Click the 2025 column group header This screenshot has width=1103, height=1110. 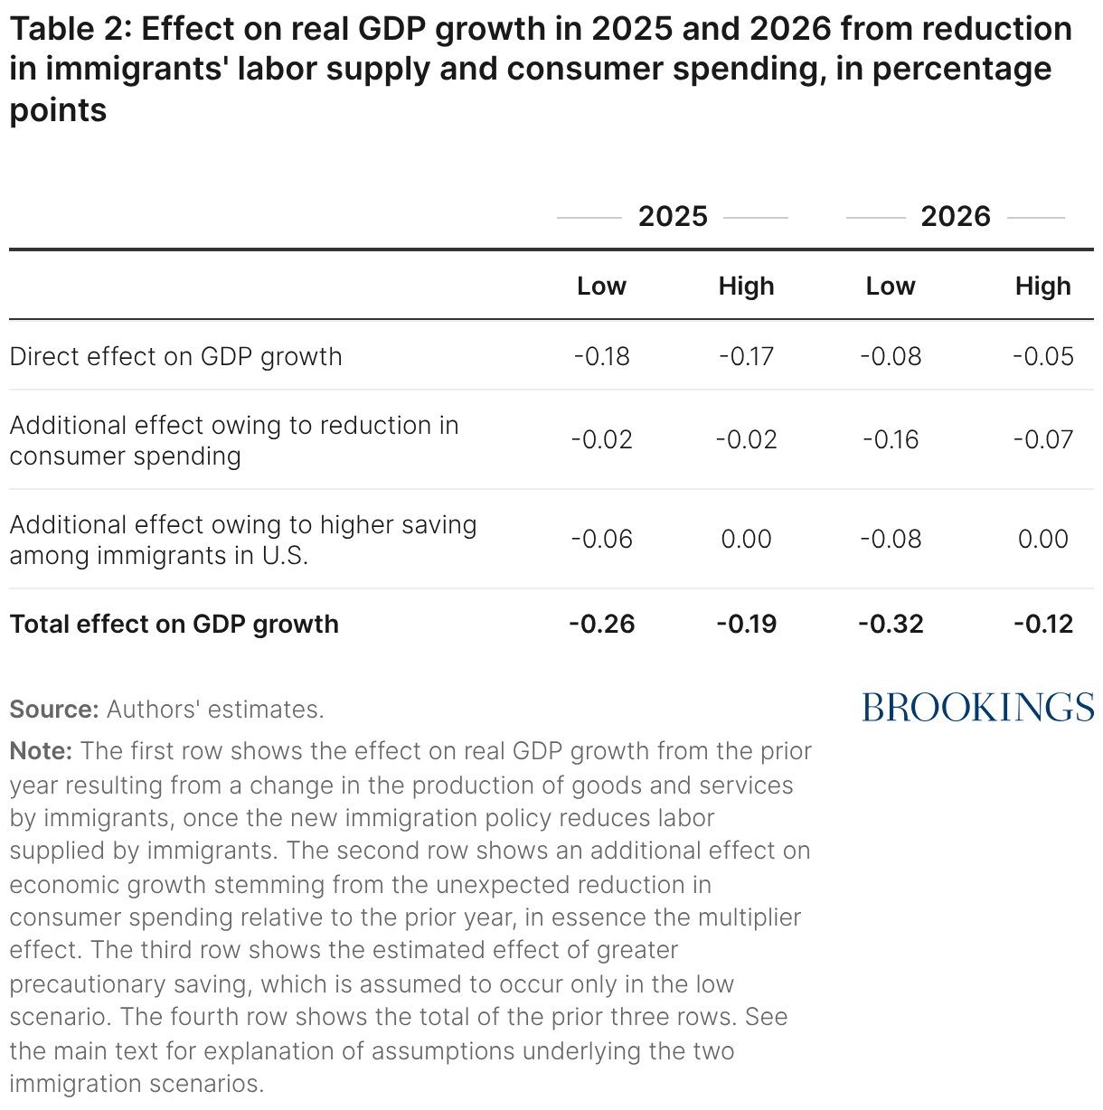(x=673, y=217)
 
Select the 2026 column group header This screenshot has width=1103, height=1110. (x=956, y=217)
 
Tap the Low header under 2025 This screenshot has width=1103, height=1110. (x=601, y=287)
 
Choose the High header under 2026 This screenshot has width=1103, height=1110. (x=1042, y=287)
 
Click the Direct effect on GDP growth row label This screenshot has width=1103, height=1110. (x=176, y=356)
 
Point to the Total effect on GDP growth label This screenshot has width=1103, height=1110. (x=174, y=624)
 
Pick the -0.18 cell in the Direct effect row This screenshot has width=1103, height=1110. (x=601, y=356)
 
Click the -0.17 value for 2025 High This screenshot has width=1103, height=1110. (x=746, y=356)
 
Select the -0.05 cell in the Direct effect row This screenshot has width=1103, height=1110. (x=1042, y=356)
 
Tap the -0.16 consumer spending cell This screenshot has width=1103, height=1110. (x=891, y=440)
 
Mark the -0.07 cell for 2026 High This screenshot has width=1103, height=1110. (x=1042, y=440)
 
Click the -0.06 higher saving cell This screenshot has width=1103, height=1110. (x=601, y=540)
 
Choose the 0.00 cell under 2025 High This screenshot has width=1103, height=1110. (x=746, y=540)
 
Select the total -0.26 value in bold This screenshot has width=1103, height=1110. (x=601, y=624)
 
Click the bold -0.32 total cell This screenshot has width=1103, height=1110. (x=891, y=624)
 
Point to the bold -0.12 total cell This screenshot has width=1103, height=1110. (x=1042, y=624)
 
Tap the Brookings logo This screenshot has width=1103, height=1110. (x=977, y=707)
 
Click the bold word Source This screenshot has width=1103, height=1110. (x=53, y=710)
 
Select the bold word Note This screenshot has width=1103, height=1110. (x=41, y=751)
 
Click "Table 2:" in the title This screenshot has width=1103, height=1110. (x=71, y=30)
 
